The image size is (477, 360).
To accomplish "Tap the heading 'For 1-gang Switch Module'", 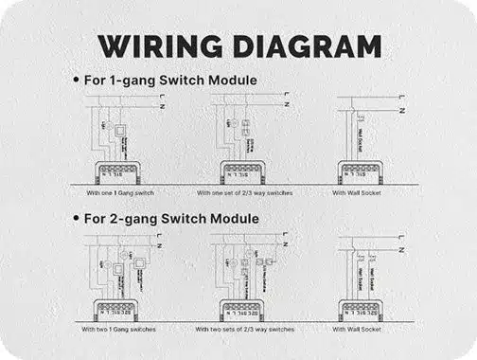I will click(171, 80).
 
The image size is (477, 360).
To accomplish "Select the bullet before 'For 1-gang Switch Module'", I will click(76, 81).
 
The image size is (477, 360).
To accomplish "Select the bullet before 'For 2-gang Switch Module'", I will click(76, 220).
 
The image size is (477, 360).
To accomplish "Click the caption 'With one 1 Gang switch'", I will click(118, 192).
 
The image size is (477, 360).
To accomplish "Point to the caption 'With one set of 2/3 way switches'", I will click(245, 192).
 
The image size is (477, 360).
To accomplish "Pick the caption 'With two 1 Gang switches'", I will click(118, 329).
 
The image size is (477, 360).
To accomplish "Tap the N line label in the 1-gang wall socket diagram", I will click(403, 111).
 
